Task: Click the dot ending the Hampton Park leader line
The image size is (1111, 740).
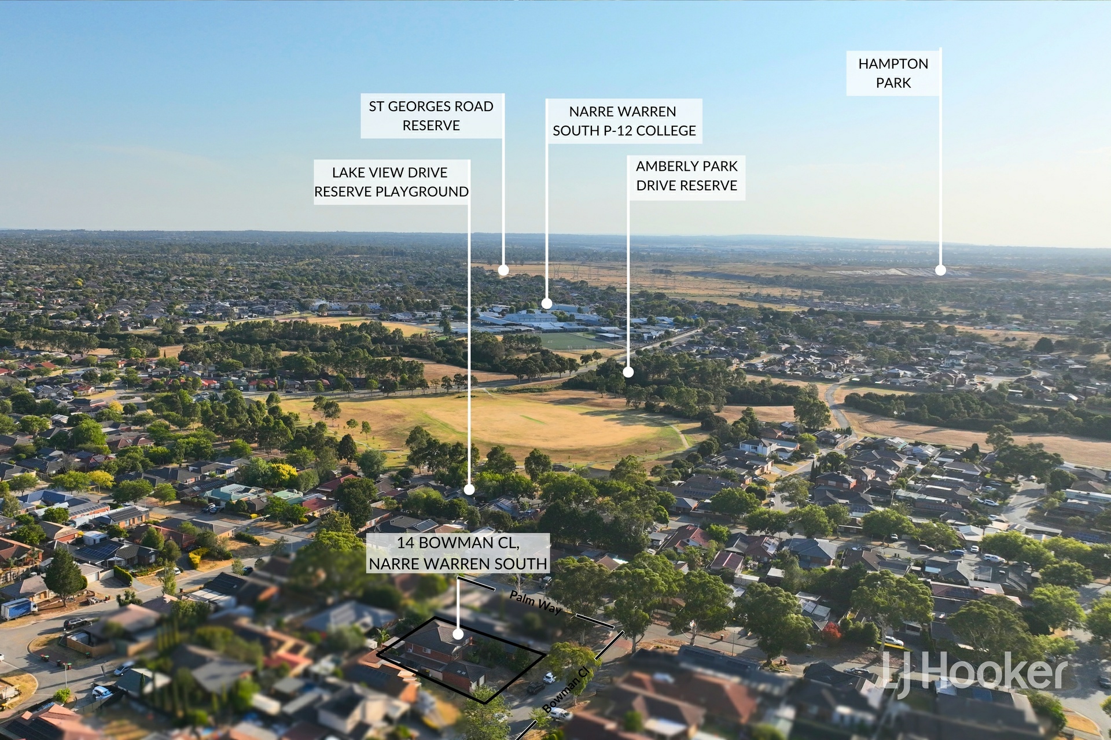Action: [940, 270]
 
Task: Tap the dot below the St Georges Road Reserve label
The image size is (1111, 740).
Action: [503, 270]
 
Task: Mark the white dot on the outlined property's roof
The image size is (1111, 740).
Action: [458, 634]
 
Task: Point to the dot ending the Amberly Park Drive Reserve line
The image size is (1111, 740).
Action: [628, 373]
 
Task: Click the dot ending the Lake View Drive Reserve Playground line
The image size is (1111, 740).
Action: [469, 489]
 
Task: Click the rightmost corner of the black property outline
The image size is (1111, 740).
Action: [545, 654]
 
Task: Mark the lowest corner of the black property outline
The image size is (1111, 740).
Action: [485, 704]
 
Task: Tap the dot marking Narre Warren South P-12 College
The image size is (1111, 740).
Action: [547, 303]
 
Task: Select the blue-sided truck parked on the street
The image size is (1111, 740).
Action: [19, 609]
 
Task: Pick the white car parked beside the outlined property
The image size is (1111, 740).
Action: [549, 678]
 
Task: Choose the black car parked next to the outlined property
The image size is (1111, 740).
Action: [535, 688]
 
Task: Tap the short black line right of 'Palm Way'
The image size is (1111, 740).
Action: [595, 621]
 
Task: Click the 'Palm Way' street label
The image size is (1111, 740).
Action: [535, 603]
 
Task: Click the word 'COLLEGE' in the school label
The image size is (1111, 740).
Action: [666, 131]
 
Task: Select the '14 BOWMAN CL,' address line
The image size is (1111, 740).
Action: [458, 543]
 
